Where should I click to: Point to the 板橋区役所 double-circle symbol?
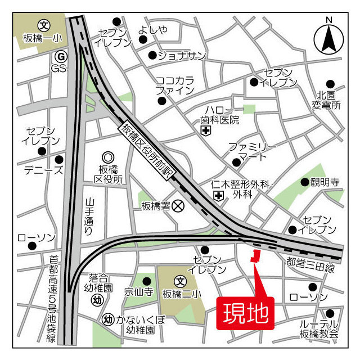coord(107,159)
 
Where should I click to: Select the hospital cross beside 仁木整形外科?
coord(218,195)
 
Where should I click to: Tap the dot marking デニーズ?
coord(59,159)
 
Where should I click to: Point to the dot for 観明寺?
coord(304,182)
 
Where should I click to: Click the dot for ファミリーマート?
coord(236,163)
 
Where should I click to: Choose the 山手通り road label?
coord(89,217)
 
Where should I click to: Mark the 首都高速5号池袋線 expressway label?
coord(52,299)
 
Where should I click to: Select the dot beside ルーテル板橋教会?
coord(330,313)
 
